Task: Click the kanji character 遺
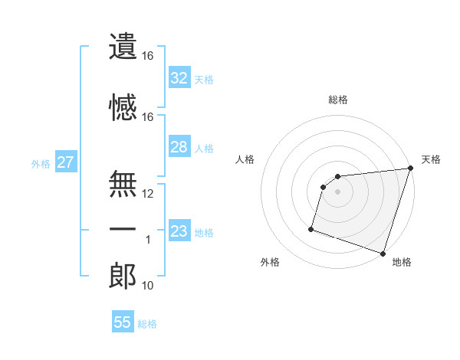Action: coord(123,47)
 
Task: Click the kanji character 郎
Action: coord(123,277)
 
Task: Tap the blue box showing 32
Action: coord(179,77)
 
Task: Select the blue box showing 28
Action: coord(179,147)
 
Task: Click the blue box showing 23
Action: coord(179,231)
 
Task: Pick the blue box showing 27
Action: coord(65,162)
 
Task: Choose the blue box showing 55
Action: coord(123,322)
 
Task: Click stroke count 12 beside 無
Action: coord(148,194)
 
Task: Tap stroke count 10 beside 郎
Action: coord(148,286)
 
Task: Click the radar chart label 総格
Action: coord(338,100)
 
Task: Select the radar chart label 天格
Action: coord(431,159)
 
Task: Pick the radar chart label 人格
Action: coord(245,159)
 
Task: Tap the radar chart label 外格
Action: coord(270,262)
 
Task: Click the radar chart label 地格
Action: coord(402,262)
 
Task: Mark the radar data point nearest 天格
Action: coord(410,169)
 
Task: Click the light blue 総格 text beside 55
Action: coord(147,324)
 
